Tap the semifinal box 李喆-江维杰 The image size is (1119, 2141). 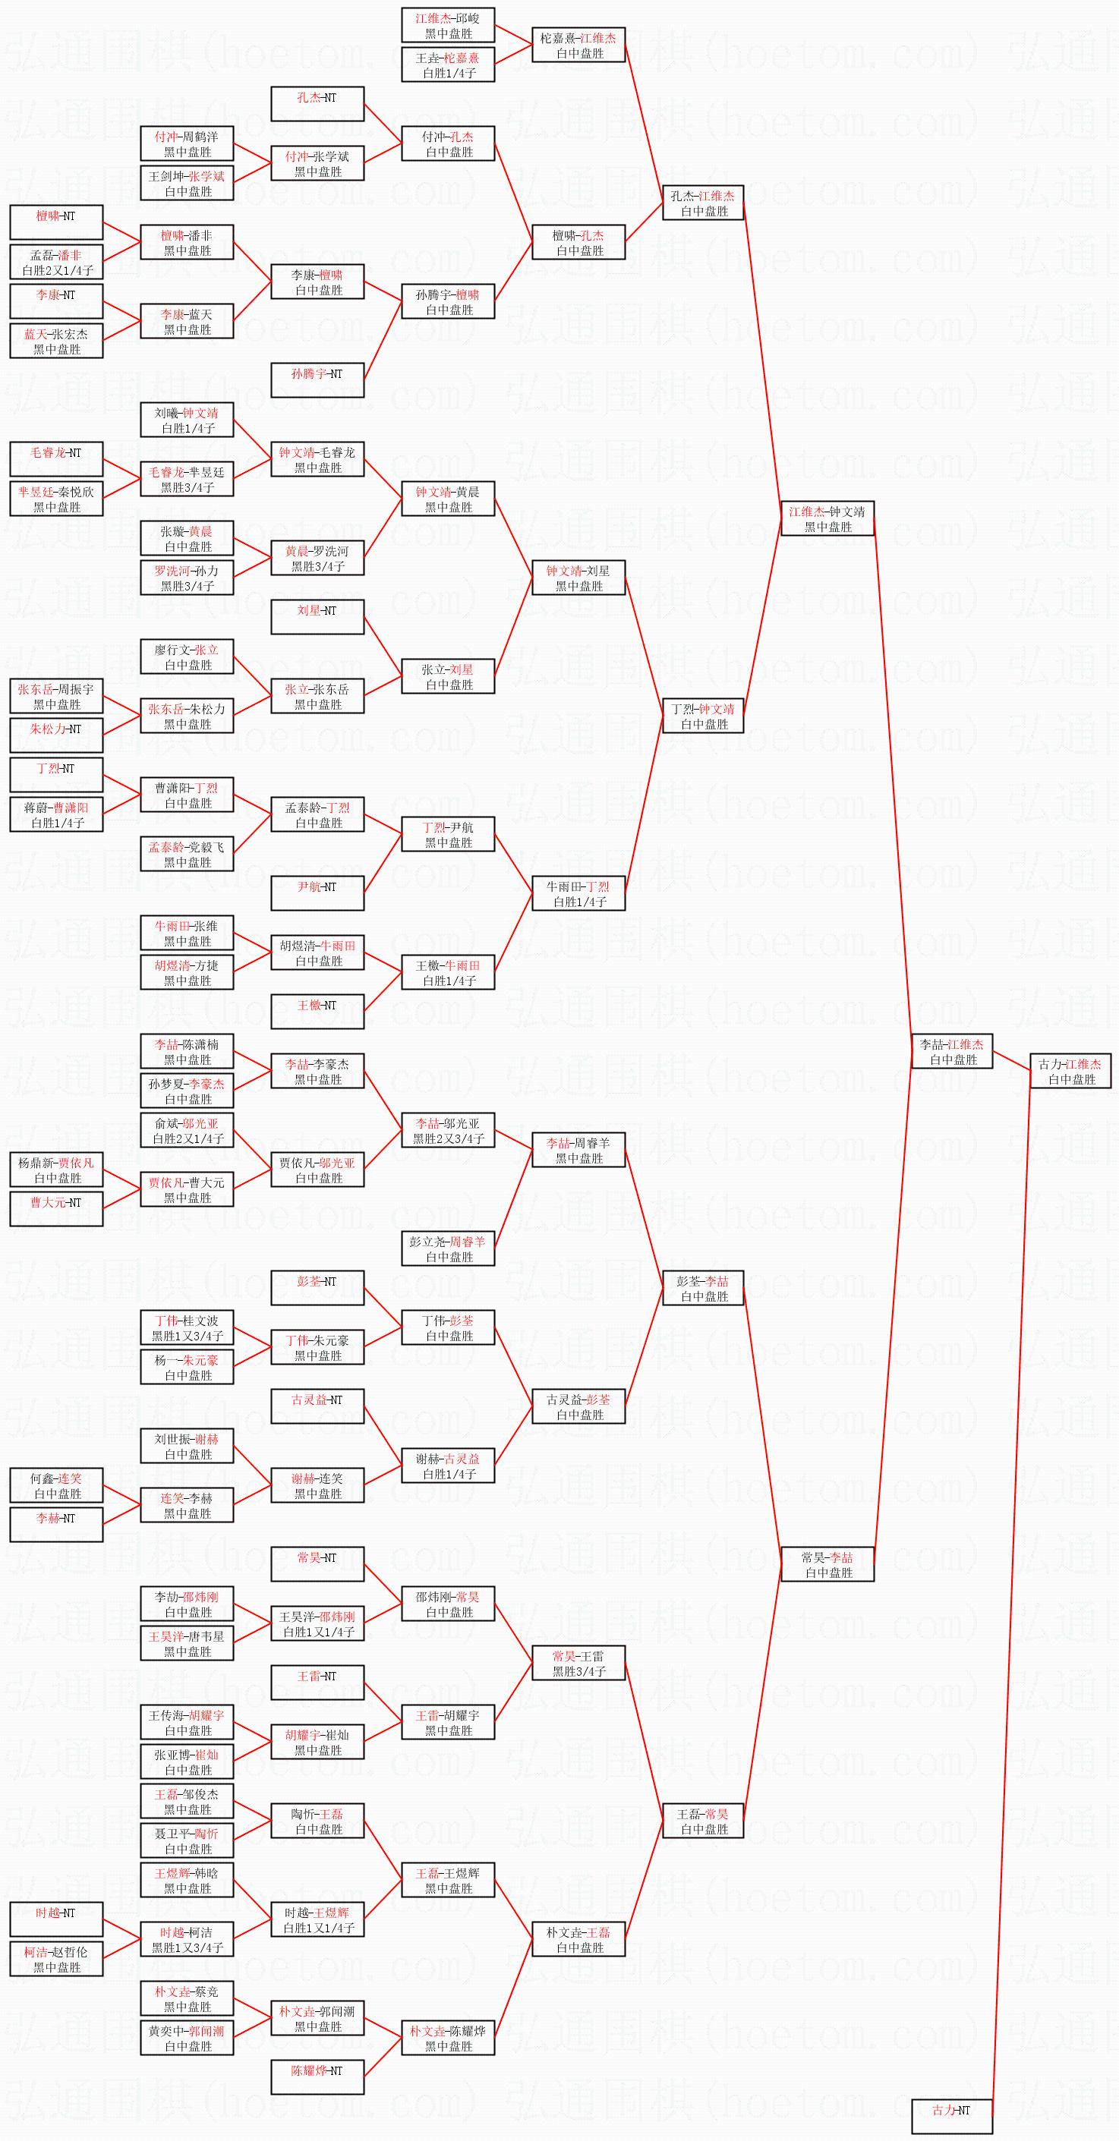(951, 1051)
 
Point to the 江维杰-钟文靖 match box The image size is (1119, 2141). (827, 518)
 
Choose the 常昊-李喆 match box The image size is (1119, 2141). (827, 1565)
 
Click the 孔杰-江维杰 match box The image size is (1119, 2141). (702, 203)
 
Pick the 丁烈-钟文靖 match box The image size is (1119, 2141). (702, 716)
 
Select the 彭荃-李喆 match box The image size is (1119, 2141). (702, 1288)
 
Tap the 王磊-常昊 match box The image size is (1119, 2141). (702, 1821)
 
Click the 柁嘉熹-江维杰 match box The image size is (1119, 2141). (578, 45)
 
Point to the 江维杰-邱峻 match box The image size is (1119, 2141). (448, 25)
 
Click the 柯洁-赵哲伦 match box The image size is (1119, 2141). (56, 1959)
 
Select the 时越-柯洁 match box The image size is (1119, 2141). (187, 1939)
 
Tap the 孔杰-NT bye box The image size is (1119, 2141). (317, 104)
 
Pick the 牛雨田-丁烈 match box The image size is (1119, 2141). (578, 893)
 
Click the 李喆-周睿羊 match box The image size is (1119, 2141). (578, 1151)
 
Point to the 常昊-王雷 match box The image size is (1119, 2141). (578, 1663)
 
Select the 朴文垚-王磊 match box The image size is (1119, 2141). (578, 1939)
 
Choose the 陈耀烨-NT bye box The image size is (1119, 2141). (317, 2077)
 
